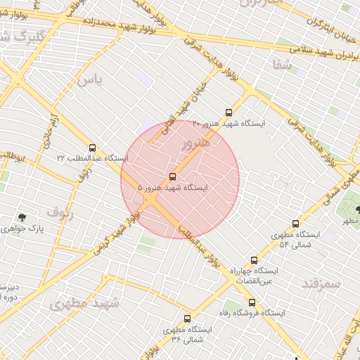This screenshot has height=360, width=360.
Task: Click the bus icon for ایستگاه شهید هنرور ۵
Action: coord(173,176)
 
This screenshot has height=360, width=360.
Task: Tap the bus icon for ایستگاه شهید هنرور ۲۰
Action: coord(228,112)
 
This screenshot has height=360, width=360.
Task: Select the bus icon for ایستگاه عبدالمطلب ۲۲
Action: coord(93,148)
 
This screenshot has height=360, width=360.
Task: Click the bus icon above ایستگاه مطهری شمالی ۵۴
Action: coord(295,224)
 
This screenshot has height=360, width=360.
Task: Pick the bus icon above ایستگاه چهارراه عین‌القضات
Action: coord(254,260)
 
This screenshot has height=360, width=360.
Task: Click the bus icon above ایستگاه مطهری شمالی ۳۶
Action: coord(187,319)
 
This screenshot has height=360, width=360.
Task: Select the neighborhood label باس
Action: coord(90,79)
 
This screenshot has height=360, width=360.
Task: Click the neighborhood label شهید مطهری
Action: coord(85,304)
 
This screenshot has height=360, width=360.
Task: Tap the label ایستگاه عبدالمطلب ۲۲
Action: coord(93,158)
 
